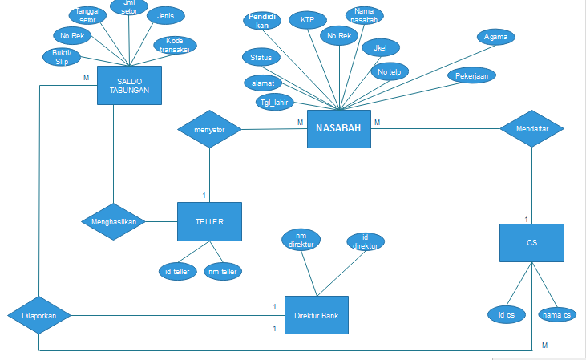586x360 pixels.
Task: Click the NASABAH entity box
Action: [x=339, y=129]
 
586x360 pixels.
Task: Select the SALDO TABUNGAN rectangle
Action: [x=129, y=85]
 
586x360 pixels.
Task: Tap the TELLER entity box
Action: [x=209, y=221]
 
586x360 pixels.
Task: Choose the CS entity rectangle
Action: [x=531, y=242]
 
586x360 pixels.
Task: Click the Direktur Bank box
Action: [x=317, y=316]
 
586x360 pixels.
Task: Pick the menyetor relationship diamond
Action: [x=209, y=128]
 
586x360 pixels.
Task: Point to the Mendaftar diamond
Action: [x=532, y=128]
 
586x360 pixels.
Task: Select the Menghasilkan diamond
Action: [x=112, y=221]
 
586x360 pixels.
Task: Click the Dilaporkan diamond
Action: [x=38, y=316]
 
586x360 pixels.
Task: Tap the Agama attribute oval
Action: [x=495, y=37]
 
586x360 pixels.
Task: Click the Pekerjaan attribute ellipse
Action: [x=473, y=75]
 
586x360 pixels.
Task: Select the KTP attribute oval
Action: [x=307, y=19]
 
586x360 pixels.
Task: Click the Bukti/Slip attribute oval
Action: [x=61, y=57]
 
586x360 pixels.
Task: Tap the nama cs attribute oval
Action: [x=556, y=315]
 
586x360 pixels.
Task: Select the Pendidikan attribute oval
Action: [x=262, y=21]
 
